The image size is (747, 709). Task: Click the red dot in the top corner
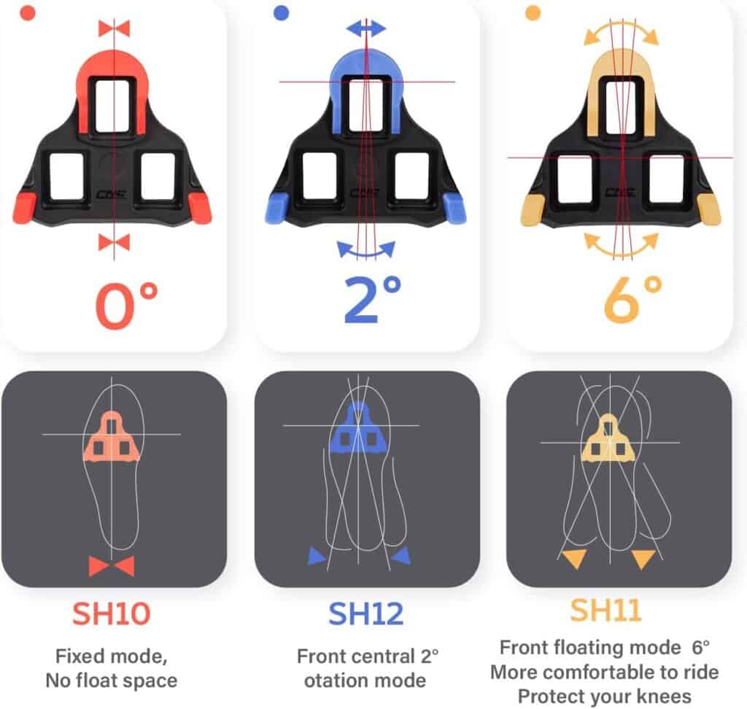pyautogui.click(x=28, y=13)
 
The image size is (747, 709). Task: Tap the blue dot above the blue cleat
pyautogui.click(x=282, y=13)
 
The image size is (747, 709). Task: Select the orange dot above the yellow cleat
pyautogui.click(x=533, y=13)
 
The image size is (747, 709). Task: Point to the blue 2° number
pyautogui.click(x=373, y=300)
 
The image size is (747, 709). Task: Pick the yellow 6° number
pyautogui.click(x=633, y=300)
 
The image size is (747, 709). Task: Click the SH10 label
pyautogui.click(x=112, y=613)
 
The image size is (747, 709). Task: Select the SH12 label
pyautogui.click(x=366, y=613)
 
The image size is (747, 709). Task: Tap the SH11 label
pyautogui.click(x=606, y=610)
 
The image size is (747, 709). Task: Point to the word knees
pyautogui.click(x=664, y=697)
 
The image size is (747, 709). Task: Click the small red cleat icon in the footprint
pyautogui.click(x=112, y=437)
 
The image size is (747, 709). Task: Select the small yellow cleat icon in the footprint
pyautogui.click(x=608, y=438)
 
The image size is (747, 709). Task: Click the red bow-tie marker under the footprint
pyautogui.click(x=112, y=567)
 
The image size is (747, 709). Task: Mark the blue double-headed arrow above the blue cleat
pyautogui.click(x=366, y=28)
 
